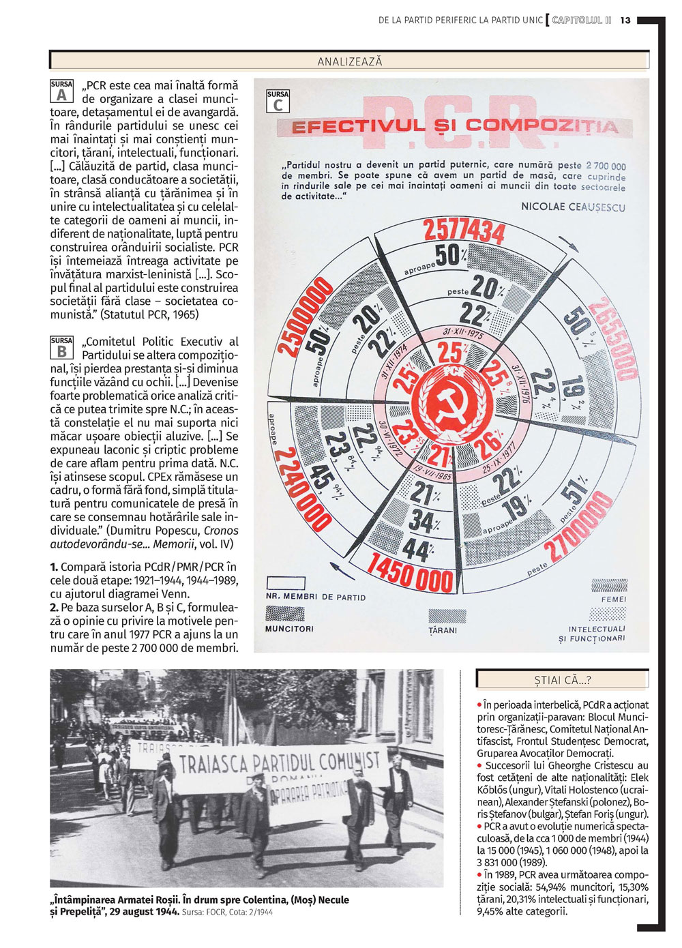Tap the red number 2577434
point(463,231)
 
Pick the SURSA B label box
point(61,347)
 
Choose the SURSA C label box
point(278,102)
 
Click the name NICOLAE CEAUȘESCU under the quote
point(573,207)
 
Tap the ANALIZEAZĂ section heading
point(350,61)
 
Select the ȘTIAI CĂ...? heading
point(563,679)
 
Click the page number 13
point(626,20)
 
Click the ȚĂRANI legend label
point(443,630)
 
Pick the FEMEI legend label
point(613,599)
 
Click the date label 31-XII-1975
point(463,334)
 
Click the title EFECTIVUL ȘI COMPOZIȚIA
point(455,126)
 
